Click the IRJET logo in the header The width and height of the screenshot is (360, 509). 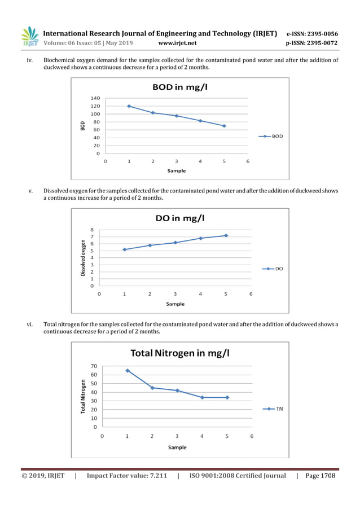29,37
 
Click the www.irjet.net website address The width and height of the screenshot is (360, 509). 177,43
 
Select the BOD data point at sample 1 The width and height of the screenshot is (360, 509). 129,106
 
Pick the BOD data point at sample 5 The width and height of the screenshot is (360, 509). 224,126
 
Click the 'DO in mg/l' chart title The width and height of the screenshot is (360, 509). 180,218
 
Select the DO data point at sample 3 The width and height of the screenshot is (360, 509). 175,243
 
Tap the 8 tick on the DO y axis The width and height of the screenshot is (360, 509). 92,230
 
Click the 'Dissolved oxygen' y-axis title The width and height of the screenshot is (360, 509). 83,258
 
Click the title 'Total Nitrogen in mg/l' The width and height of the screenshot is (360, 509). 180,353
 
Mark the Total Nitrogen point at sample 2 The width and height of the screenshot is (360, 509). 152,388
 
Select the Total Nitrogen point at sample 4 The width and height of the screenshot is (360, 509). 202,397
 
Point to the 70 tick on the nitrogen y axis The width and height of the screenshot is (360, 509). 93,366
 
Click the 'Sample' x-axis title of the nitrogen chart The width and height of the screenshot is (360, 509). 177,447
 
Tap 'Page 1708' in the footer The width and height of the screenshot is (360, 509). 320,476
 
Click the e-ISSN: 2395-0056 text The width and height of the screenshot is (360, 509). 312,34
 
